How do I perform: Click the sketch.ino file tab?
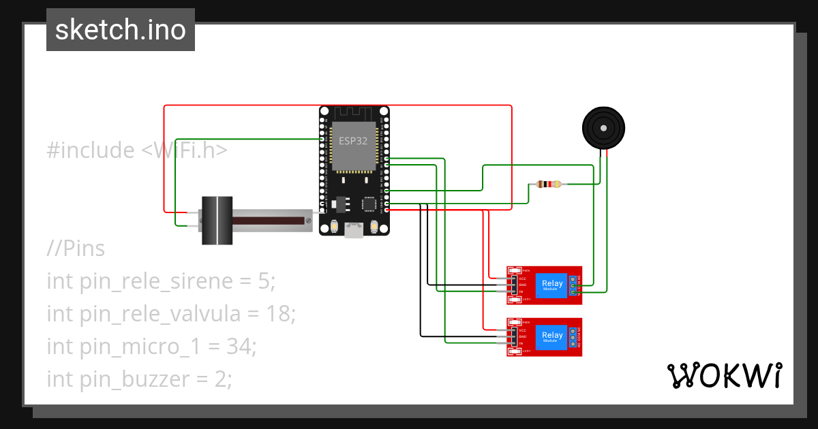click(x=120, y=30)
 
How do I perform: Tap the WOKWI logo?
click(x=723, y=376)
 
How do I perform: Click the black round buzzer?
click(x=603, y=128)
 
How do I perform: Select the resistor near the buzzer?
click(x=548, y=184)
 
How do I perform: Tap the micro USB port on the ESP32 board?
click(x=354, y=230)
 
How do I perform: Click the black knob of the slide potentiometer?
click(x=216, y=221)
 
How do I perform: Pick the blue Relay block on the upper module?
click(x=551, y=285)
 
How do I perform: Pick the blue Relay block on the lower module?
click(x=551, y=336)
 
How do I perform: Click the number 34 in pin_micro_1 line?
click(x=239, y=347)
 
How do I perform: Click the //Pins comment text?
click(x=76, y=249)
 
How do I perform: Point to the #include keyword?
click(x=91, y=150)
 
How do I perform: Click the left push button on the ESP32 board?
click(x=334, y=227)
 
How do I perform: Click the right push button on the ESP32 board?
click(x=374, y=227)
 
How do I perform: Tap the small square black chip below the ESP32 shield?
click(x=369, y=203)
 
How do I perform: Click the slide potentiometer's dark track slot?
click(x=269, y=221)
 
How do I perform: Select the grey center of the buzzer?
click(x=603, y=127)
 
